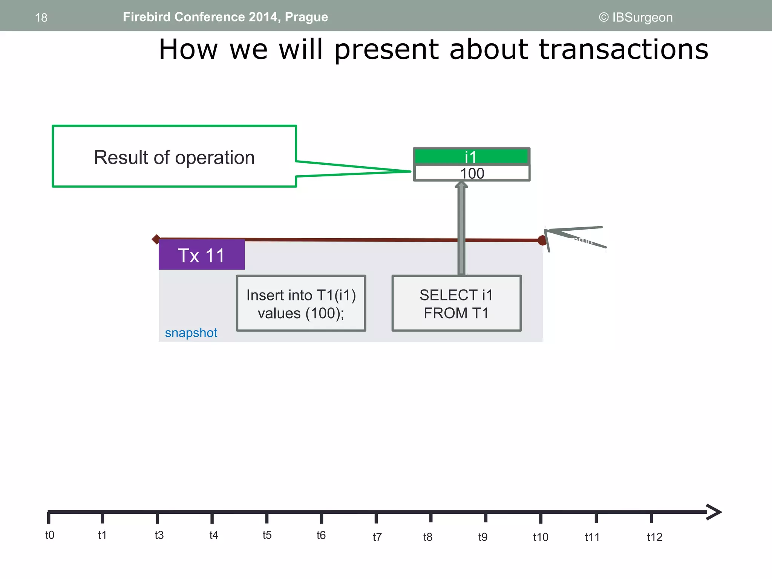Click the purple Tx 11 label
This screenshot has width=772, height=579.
(202, 255)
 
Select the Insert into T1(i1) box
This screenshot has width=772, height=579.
(301, 303)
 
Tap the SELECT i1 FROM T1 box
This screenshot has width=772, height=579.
(456, 303)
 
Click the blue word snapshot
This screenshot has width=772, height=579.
(191, 333)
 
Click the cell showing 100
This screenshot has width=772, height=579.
(472, 173)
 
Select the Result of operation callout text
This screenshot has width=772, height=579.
(174, 157)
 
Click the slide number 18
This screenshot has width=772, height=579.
(41, 18)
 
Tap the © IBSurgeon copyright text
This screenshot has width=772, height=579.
(636, 17)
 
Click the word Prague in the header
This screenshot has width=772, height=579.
(306, 17)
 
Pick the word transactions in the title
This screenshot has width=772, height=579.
(623, 49)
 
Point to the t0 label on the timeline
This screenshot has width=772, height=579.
(50, 535)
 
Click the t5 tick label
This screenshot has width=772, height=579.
(267, 535)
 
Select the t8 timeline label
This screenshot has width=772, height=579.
(427, 537)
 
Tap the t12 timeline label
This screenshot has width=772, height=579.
(654, 537)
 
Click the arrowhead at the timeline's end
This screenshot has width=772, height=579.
(714, 512)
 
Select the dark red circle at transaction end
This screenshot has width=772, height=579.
(542, 240)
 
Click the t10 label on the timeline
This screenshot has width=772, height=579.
(541, 537)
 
